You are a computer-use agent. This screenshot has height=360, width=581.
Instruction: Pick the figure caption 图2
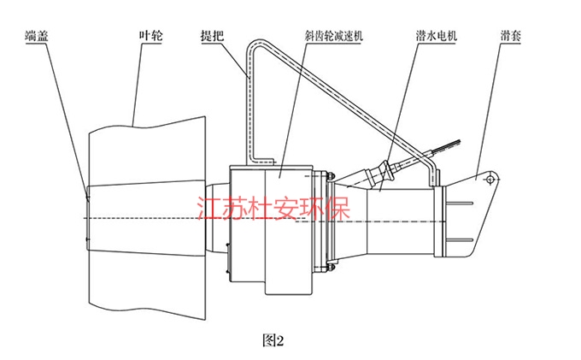(x=271, y=339)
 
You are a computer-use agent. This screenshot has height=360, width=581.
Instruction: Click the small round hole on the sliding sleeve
(x=487, y=180)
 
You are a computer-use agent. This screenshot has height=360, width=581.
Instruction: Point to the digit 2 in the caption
(x=277, y=339)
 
